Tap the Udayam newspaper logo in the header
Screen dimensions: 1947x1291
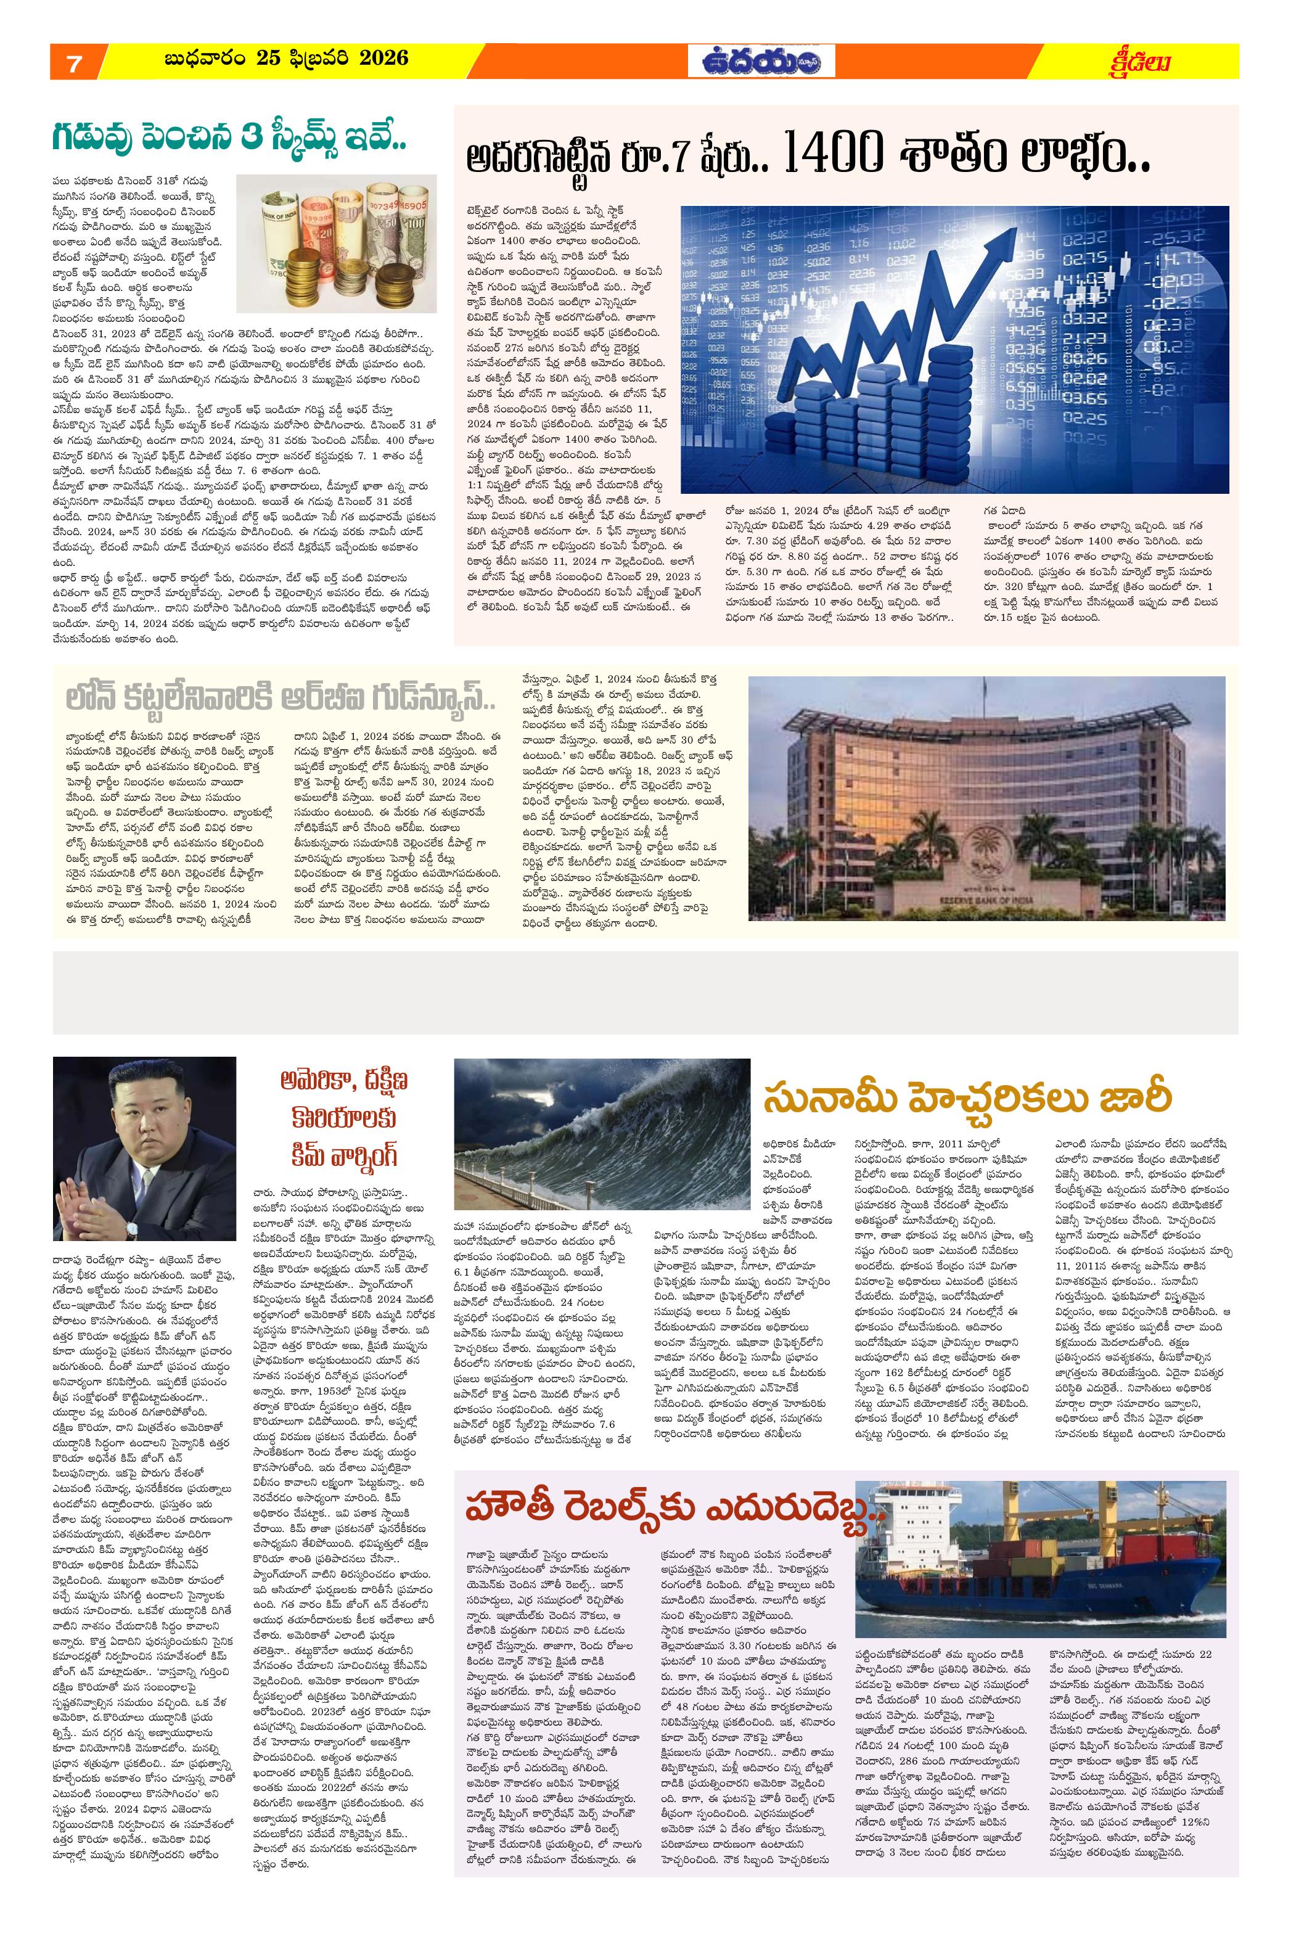tap(761, 62)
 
